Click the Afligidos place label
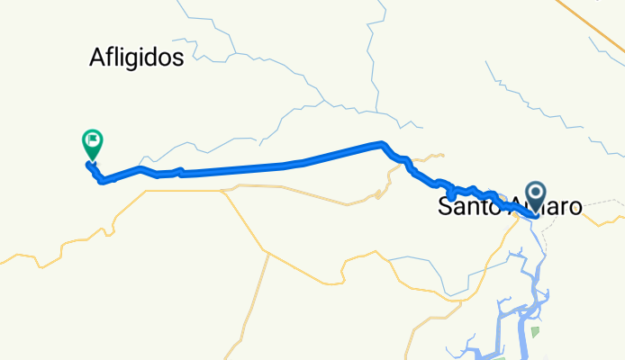(137, 58)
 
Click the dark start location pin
(537, 194)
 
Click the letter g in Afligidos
(129, 60)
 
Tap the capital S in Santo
(445, 206)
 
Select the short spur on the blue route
(450, 194)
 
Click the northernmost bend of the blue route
(382, 143)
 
